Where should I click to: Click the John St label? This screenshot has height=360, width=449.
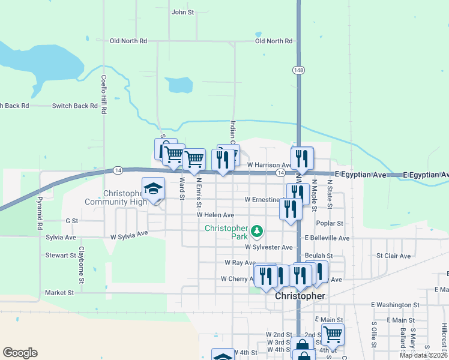(182, 12)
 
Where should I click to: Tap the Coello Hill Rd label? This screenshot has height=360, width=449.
(104, 94)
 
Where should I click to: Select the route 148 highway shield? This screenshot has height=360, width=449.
(298, 70)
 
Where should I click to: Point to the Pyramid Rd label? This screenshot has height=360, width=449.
(40, 212)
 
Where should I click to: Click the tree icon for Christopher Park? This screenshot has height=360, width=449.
(257, 230)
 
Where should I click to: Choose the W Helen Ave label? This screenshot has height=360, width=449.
(215, 215)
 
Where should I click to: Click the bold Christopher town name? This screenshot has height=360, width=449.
(300, 296)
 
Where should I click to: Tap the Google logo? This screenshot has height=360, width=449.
(20, 352)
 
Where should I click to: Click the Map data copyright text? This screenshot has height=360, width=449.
(423, 355)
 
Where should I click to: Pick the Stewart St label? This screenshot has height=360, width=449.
(60, 255)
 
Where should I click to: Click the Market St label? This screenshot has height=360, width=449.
(59, 293)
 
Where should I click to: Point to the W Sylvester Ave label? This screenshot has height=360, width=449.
(268, 247)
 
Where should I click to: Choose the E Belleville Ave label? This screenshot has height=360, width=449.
(327, 238)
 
